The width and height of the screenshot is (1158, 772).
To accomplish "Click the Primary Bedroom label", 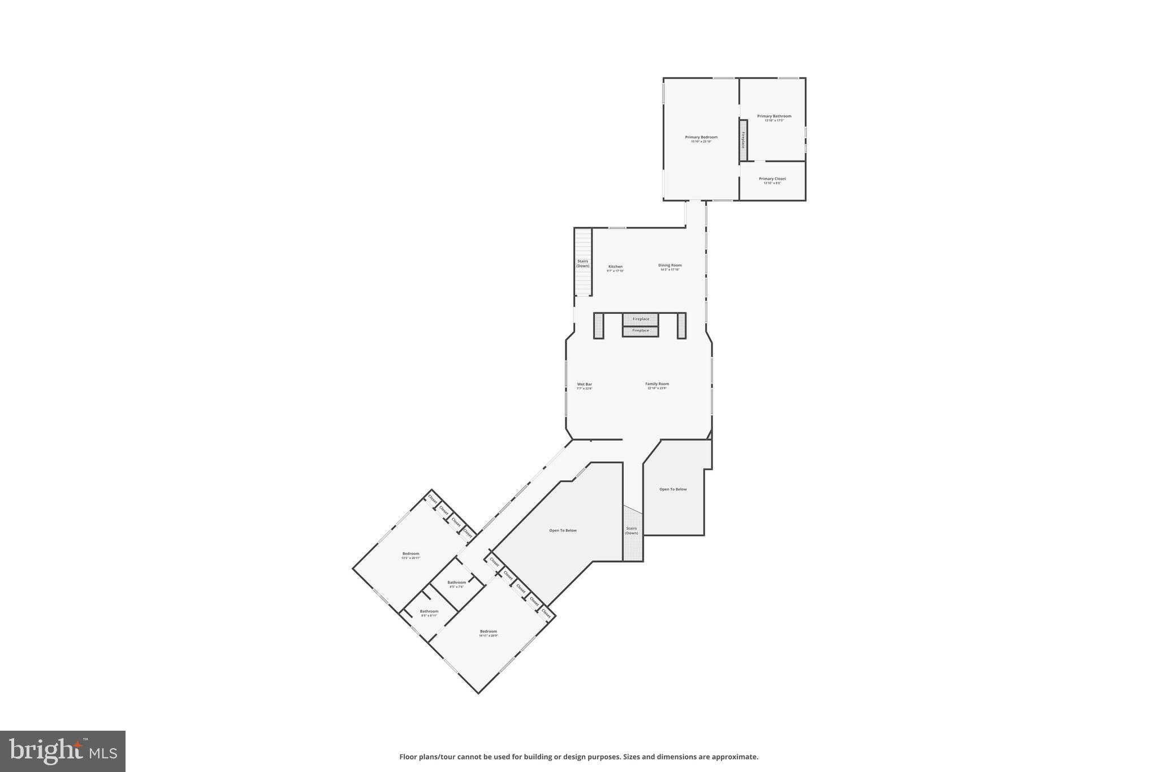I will click(701, 137).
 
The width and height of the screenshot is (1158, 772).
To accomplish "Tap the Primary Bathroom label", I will click(774, 117).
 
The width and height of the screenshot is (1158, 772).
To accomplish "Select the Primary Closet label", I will click(772, 179).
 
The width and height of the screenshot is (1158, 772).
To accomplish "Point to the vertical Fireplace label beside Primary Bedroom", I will click(743, 140).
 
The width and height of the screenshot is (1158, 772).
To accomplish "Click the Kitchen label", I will click(615, 267).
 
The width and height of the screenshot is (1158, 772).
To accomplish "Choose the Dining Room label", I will click(670, 265).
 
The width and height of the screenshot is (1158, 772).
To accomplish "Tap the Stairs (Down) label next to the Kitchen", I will click(583, 264).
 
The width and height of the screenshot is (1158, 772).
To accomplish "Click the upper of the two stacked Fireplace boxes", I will click(641, 320).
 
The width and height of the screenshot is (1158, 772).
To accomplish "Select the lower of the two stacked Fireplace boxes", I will click(641, 331).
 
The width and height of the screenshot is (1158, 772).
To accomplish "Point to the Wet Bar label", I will click(585, 385).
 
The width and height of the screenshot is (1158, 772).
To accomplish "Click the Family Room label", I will click(657, 384).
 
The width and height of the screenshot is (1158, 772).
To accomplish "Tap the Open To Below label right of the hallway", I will click(673, 489).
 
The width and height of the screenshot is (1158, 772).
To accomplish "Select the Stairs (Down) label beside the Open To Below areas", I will click(632, 531).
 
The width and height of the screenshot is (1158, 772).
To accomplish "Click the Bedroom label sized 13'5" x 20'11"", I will click(411, 554).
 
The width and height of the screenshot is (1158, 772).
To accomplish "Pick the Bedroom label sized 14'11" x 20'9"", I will click(489, 632).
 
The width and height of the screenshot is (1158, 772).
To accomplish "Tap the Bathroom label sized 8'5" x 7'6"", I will click(457, 583).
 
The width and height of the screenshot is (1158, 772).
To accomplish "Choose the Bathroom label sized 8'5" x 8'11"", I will click(429, 611).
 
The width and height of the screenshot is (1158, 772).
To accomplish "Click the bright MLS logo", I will click(63, 751).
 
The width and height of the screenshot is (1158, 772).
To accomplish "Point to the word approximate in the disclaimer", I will click(734, 757).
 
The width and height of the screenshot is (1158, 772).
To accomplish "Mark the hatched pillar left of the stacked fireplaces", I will click(599, 326).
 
